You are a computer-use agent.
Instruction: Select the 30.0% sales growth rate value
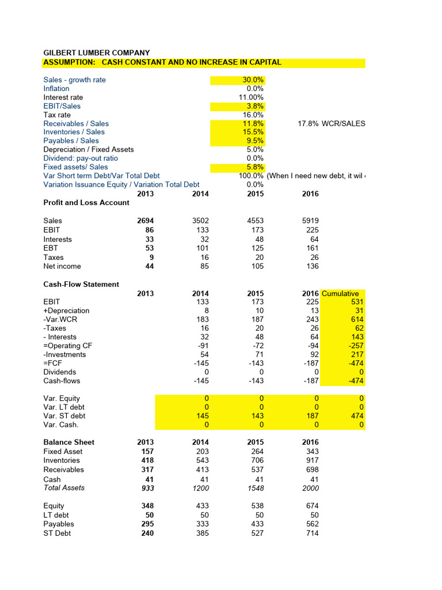tap(252, 80)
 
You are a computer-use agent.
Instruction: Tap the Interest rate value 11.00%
tap(251, 97)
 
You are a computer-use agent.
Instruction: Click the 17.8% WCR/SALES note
tap(331, 123)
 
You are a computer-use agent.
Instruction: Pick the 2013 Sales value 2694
tap(145, 221)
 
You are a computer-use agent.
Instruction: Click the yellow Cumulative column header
tap(340, 293)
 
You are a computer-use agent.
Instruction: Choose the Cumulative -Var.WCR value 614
tap(357, 319)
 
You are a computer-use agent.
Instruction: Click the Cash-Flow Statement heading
tap(81, 284)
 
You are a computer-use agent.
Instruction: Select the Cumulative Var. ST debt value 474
tap(357, 415)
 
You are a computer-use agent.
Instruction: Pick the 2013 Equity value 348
tap(147, 506)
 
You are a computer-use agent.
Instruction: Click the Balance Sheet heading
tap(69, 442)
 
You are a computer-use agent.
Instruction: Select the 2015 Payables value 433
tap(257, 524)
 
